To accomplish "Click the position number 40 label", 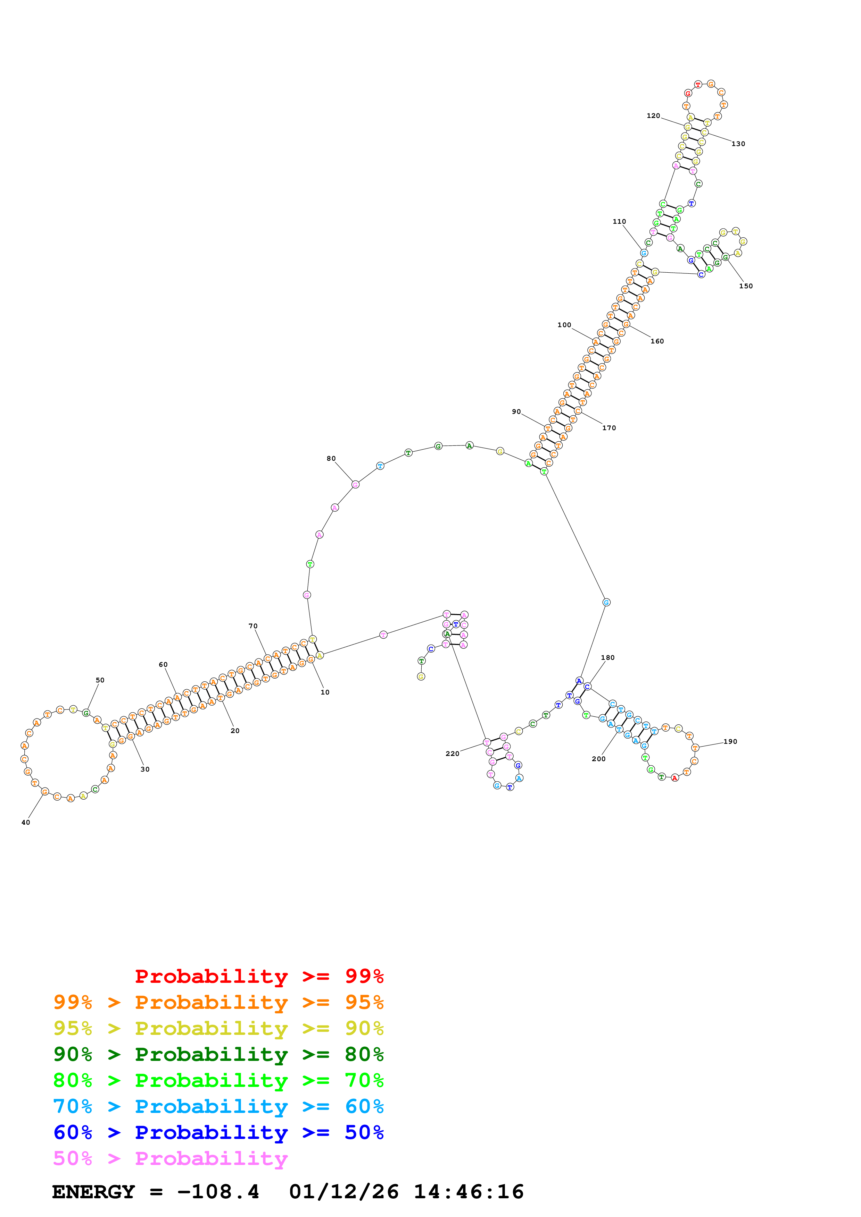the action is tap(25, 822).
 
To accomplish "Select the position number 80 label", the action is tap(331, 459).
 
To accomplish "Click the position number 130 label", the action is tap(738, 144).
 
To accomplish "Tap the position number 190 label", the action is tap(730, 741).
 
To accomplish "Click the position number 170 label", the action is tap(609, 428).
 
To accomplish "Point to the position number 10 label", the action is tap(325, 692).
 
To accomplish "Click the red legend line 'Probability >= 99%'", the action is tap(259, 976).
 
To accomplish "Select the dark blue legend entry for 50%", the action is tap(218, 1133).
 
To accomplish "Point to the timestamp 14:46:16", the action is tap(469, 1192).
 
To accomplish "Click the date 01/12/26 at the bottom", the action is tap(344, 1192).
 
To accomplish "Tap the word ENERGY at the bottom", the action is tap(93, 1192).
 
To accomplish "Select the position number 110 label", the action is tap(619, 222).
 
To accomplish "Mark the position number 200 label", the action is tap(598, 759).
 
